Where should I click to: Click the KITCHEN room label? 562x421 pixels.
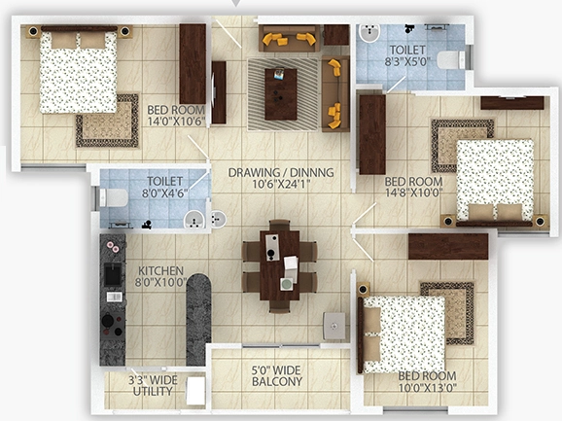pos(156,270)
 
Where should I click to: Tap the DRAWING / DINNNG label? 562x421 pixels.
pos(281,172)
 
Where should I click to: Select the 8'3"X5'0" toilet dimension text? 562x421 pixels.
pos(407,61)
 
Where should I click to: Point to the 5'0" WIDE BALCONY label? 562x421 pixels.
pos(277,376)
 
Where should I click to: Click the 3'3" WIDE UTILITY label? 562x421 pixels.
pos(153,386)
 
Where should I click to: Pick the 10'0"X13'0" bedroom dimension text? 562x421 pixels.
pos(428,388)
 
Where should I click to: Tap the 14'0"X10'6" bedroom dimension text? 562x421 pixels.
pos(176,122)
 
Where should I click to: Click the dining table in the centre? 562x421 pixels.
pos(280,265)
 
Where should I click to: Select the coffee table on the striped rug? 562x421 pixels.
pos(281,94)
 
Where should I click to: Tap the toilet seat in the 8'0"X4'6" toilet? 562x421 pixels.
pos(114,197)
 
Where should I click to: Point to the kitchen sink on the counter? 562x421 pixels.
pos(113,274)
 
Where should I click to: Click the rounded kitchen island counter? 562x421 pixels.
pos(198,320)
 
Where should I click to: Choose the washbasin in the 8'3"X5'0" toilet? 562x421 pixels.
pos(369,33)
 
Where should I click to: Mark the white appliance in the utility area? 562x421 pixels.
pos(195,391)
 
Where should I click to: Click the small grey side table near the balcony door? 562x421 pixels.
pos(334,326)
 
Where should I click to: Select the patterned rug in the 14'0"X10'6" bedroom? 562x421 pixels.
pos(107,121)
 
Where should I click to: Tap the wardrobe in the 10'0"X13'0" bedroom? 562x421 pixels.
pos(448,247)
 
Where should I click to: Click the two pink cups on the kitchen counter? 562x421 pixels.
pos(113,247)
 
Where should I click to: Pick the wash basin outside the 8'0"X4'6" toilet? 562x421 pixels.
pos(218,219)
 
